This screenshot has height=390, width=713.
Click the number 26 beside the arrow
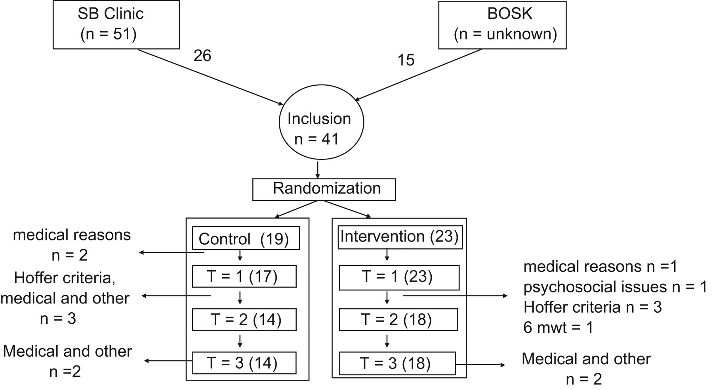pyautogui.click(x=202, y=56)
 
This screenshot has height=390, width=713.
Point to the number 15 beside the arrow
pyautogui.click(x=406, y=60)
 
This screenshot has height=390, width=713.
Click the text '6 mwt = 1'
pyautogui.click(x=559, y=328)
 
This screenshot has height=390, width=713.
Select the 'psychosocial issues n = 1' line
pyautogui.click(x=615, y=287)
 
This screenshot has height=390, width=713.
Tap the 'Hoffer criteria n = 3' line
pyautogui.click(x=593, y=307)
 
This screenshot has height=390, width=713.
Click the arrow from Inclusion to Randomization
pyautogui.click(x=317, y=169)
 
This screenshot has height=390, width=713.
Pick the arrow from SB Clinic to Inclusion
pyautogui.click(x=211, y=77)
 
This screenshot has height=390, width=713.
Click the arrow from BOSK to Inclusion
pyautogui.click(x=418, y=75)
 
